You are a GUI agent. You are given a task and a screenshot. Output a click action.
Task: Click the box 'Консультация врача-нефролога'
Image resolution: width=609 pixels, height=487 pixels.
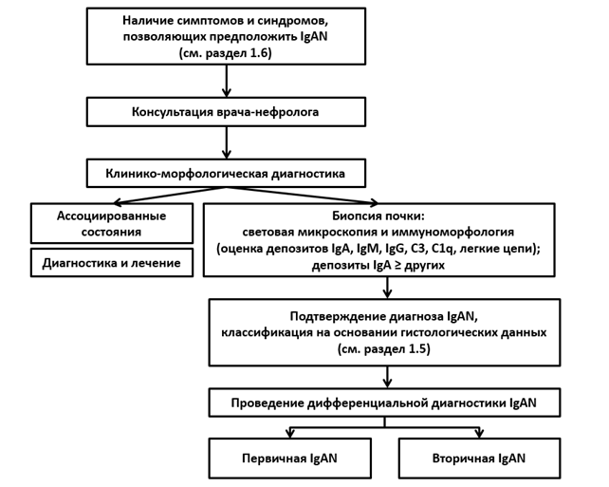[226, 112]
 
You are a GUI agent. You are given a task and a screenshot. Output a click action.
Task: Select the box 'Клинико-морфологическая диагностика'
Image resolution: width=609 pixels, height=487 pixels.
[226, 173]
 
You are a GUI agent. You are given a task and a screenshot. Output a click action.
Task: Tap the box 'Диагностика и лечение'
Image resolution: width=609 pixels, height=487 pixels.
[112, 263]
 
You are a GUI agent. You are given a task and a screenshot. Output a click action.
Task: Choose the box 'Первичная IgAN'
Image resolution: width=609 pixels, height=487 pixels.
[289, 459]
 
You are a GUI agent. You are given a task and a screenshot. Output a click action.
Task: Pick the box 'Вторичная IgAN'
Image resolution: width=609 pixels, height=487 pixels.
[479, 459]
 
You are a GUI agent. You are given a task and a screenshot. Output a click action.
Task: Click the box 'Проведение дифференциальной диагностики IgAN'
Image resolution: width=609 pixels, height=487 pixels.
[384, 403]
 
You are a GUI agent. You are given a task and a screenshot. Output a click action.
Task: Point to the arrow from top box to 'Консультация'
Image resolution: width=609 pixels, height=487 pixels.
[227, 81]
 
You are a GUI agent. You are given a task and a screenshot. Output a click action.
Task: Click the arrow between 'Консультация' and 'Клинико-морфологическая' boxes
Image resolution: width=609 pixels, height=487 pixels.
[227, 142]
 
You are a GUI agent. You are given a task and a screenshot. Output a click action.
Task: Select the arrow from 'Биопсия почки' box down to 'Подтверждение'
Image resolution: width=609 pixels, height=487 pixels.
[387, 288]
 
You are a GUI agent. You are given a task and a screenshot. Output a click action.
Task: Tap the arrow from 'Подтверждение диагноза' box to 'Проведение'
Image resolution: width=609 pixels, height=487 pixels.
[387, 377]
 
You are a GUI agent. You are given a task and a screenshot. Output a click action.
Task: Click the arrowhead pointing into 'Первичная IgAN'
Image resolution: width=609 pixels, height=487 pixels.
[289, 433]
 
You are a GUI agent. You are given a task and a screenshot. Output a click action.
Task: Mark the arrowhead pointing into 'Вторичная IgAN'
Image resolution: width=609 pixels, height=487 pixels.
[479, 433]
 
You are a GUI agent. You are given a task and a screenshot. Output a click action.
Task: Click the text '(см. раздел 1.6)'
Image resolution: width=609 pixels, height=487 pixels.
[225, 52]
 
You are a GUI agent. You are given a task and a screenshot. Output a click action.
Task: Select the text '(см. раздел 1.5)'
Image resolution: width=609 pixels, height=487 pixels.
[384, 348]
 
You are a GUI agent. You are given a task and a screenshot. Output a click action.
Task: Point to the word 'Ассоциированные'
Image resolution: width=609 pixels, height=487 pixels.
[112, 215]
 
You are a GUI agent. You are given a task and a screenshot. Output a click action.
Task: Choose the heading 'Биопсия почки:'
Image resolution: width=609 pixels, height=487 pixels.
[377, 215]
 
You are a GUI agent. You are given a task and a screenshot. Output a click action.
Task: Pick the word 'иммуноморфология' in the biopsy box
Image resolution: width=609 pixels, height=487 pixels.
[452, 233]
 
